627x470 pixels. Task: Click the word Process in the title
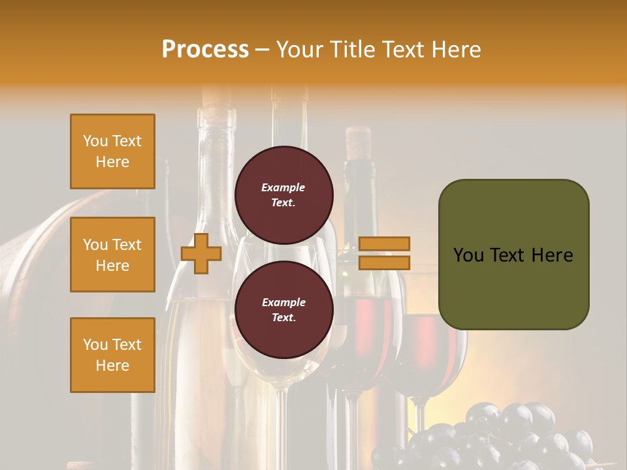pyautogui.click(x=205, y=49)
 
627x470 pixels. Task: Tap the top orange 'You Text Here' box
pyautogui.click(x=112, y=151)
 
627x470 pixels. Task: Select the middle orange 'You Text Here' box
pyautogui.click(x=112, y=255)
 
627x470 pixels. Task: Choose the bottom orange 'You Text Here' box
pyautogui.click(x=112, y=355)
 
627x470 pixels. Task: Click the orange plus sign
pyautogui.click(x=201, y=253)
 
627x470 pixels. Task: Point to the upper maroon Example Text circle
pyautogui.click(x=283, y=195)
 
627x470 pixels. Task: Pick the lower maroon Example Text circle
pyautogui.click(x=283, y=309)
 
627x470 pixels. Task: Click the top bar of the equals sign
pyautogui.click(x=384, y=243)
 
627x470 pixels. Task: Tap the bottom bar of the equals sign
pyautogui.click(x=384, y=262)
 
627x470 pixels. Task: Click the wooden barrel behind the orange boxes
pyautogui.click(x=39, y=261)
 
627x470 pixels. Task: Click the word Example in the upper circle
pyautogui.click(x=283, y=187)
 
